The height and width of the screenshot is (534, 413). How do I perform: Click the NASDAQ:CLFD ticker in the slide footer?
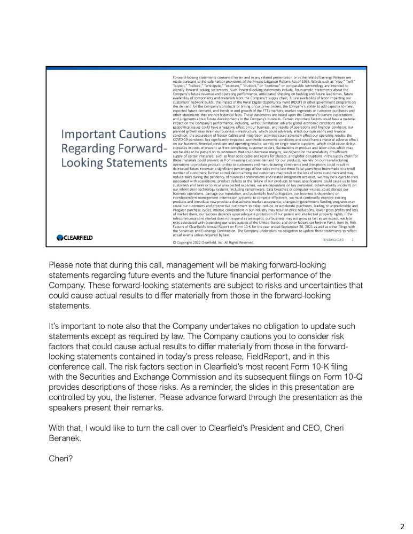click(333, 240)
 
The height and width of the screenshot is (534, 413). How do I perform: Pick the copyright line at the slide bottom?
click(212, 242)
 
